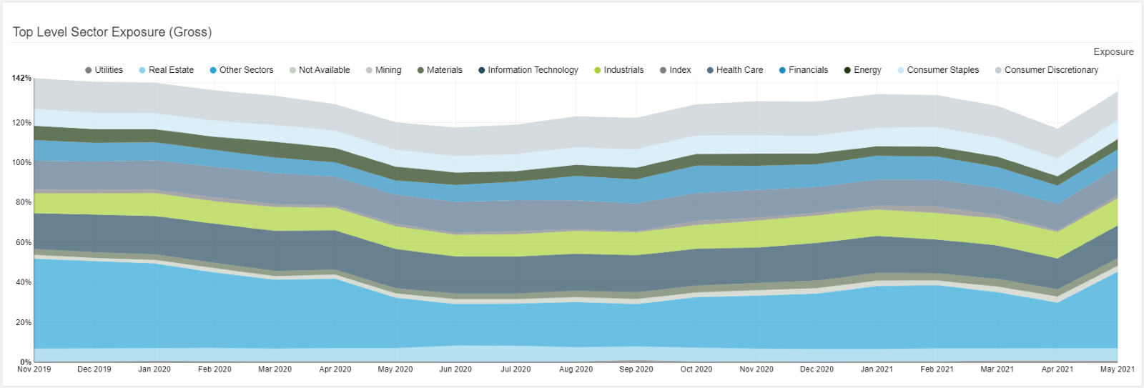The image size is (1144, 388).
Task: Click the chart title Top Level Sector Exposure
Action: pos(112,32)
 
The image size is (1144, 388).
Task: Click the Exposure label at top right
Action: pos(1113,51)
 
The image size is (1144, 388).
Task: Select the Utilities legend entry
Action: pos(104,70)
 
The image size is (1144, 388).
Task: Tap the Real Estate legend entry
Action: pos(167,70)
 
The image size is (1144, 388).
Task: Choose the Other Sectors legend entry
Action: pos(242,70)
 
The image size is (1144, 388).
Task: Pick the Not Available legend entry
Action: pos(320,70)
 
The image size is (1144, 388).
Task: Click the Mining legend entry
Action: pos(384,70)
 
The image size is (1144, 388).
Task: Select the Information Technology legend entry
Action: pos(528,70)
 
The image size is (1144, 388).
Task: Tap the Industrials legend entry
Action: pos(619,70)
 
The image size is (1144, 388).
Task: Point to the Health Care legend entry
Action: pos(735,70)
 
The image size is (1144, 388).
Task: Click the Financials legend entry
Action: pos(804,70)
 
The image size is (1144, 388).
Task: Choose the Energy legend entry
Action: pos(863,70)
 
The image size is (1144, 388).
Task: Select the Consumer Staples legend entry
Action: pos(938,70)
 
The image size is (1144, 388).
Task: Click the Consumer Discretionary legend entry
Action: pos(1047,70)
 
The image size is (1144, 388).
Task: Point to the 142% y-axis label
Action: pos(21,78)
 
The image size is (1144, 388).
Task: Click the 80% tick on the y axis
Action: pos(22,202)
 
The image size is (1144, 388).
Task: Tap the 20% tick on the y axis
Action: pos(22,322)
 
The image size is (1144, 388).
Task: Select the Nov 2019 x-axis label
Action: pos(34,369)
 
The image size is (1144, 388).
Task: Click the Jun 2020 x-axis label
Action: pos(455,369)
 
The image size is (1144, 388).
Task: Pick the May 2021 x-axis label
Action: pos(1117,369)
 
